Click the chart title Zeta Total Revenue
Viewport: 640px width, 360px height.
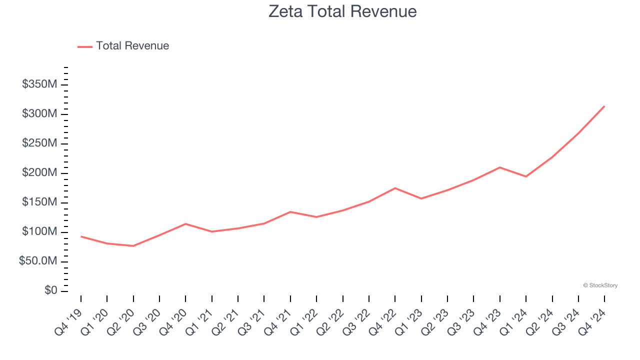click(x=342, y=11)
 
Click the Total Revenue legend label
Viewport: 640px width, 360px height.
click(x=132, y=46)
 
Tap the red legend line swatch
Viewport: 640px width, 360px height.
click(x=85, y=46)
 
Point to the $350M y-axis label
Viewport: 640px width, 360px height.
click(x=39, y=84)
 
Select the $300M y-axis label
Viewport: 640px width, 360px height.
click(x=39, y=114)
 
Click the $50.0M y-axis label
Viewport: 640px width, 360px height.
click(x=37, y=261)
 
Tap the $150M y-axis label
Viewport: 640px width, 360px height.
click(x=39, y=202)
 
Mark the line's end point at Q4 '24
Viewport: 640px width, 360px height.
click(x=604, y=106)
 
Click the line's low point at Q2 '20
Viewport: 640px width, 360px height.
click(x=133, y=246)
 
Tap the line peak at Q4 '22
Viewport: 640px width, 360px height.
click(x=395, y=188)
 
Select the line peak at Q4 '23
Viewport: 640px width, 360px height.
click(x=500, y=167)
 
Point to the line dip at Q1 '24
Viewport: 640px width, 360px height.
click(x=526, y=176)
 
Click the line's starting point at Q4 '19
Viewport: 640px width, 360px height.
click(x=81, y=236)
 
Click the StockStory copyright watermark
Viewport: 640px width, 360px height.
click(x=600, y=285)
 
